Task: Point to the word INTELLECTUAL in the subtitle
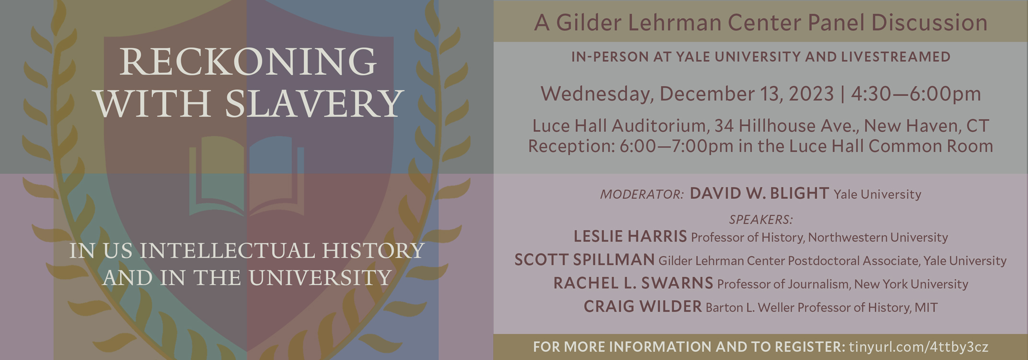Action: coord(228,251)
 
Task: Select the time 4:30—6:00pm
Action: coord(916,93)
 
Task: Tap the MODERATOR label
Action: coord(642,194)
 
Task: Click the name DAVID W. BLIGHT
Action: coord(759,193)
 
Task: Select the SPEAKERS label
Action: coord(761,220)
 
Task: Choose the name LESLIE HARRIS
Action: coord(630,236)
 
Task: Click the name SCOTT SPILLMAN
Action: coord(584,259)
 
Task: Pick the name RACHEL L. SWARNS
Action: coord(633,283)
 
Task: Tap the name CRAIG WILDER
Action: coord(643,306)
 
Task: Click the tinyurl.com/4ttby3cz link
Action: coord(918,347)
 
